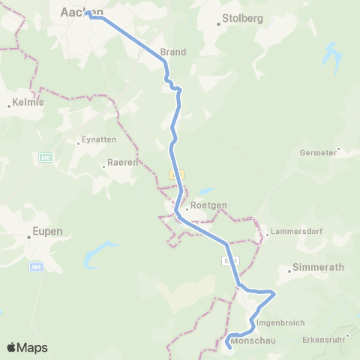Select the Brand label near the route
[x=172, y=52]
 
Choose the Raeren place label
[x=121, y=162]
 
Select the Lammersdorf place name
[x=297, y=231]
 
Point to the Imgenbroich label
[x=280, y=322]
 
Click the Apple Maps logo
[x=27, y=347]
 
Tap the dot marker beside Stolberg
[x=219, y=24]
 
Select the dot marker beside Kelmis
[x=9, y=106]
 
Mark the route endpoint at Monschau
[x=228, y=346]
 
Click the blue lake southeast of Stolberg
[x=330, y=54]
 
